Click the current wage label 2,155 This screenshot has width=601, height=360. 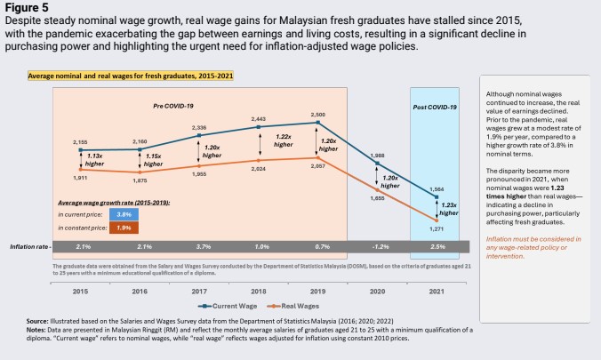(80, 140)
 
